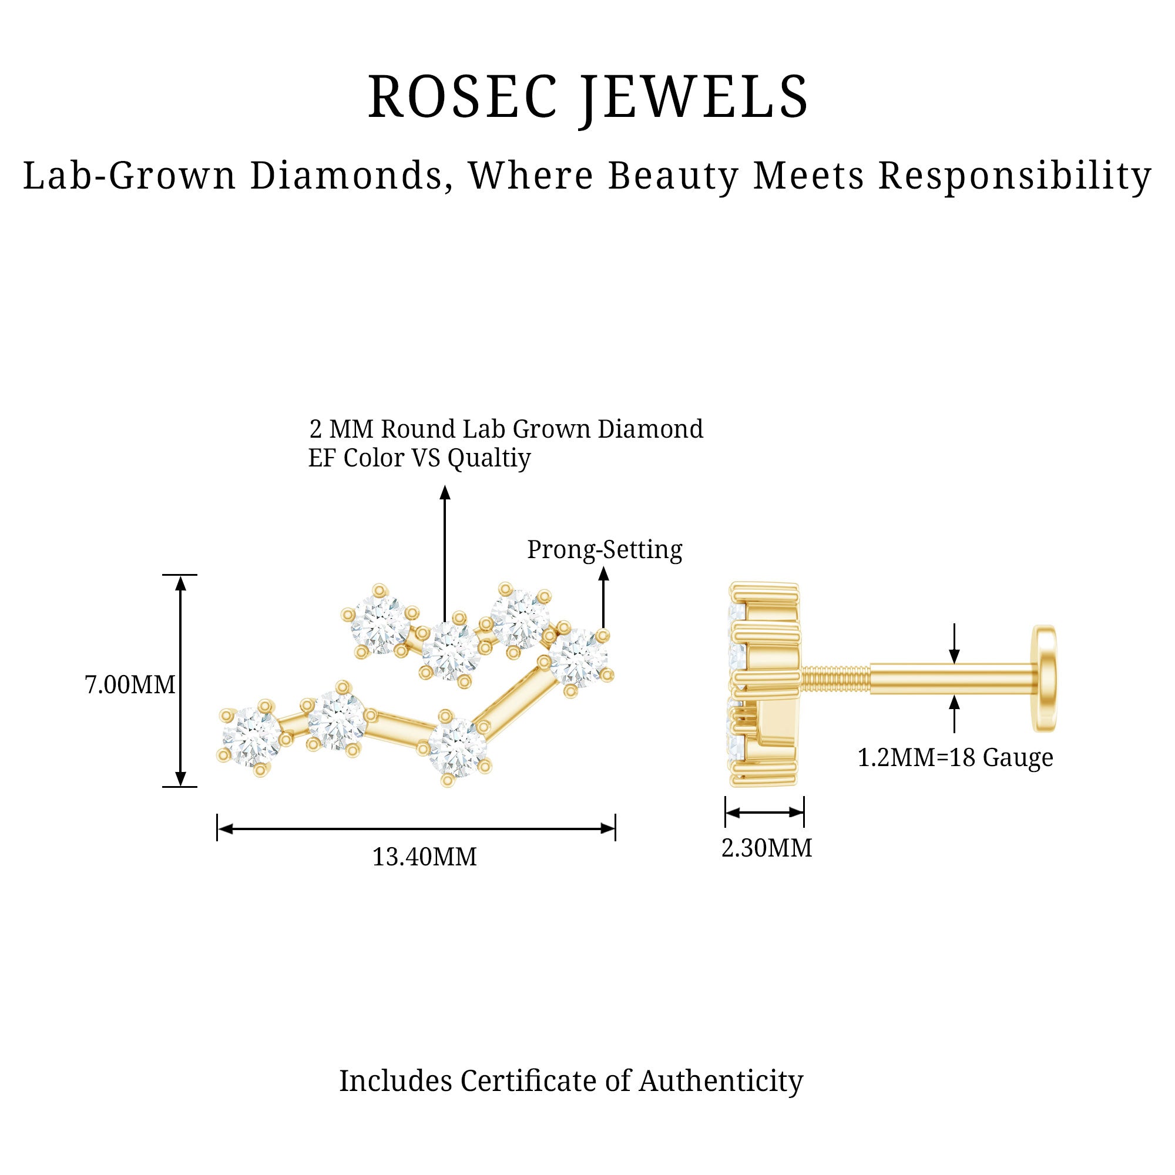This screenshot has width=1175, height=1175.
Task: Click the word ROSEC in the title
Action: point(462,98)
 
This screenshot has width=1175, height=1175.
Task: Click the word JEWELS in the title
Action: point(693,98)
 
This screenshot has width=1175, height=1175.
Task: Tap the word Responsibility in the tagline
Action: point(1015,176)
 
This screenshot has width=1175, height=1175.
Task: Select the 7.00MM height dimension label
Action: point(129,686)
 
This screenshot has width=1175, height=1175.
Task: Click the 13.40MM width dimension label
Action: point(424,857)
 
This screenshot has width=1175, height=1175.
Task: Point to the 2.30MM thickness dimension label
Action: point(766,848)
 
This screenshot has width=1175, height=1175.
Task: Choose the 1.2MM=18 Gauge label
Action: point(955,758)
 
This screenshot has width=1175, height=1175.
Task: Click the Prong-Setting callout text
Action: point(604,550)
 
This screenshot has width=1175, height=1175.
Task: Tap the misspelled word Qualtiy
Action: point(489,458)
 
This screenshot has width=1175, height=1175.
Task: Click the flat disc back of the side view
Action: point(1045,677)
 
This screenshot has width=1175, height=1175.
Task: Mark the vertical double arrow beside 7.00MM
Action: point(180,681)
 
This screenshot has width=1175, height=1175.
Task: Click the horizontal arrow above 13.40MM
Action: point(416,828)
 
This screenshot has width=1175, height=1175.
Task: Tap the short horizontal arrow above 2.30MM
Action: point(764,813)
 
